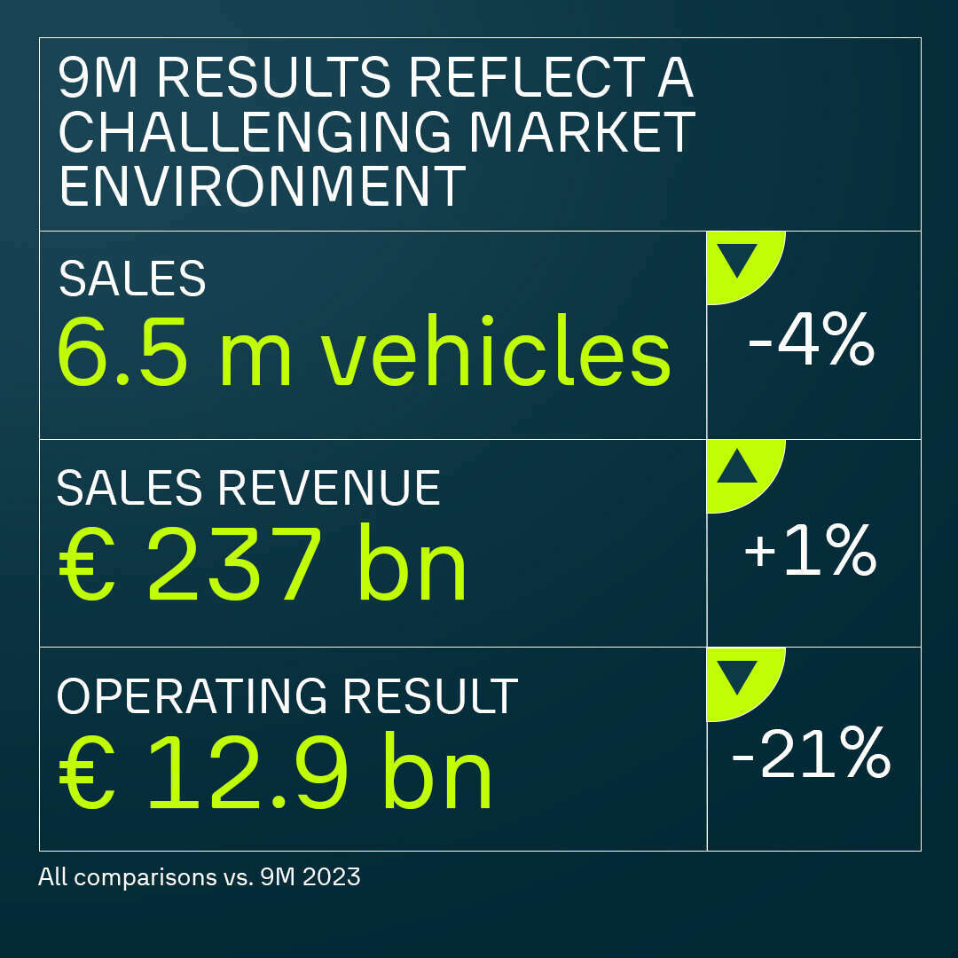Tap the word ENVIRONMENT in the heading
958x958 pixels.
[x=262, y=185]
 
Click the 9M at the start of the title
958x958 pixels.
[x=95, y=80]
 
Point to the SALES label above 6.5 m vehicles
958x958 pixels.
[x=132, y=279]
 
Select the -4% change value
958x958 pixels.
[x=811, y=344]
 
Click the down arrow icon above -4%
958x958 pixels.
[x=736, y=259]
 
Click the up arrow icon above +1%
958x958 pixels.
[x=736, y=467]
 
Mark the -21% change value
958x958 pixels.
[x=811, y=757]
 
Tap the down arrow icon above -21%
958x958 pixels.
[x=736, y=676]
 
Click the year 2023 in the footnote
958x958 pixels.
[x=334, y=878]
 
